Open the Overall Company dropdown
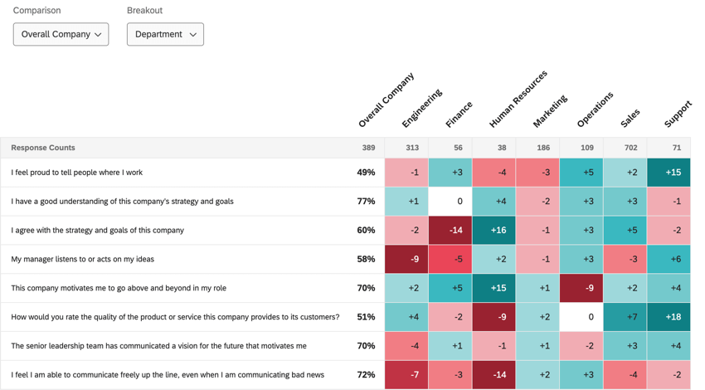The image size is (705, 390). coord(61,34)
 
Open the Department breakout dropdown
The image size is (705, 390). coord(165,34)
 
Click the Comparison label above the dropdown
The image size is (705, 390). coord(36,11)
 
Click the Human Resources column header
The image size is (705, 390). coord(518,100)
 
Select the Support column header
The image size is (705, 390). coord(678,115)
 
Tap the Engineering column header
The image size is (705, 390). coord(421,109)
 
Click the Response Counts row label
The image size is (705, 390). coord(43,148)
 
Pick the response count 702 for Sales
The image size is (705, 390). coord(625,148)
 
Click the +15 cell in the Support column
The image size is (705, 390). coord(669,173)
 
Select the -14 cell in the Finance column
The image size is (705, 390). coord(450,230)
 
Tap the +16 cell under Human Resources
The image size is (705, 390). coord(494,230)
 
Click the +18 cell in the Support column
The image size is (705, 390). coord(669,317)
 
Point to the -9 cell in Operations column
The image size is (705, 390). coord(581,288)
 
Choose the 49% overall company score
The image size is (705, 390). coord(366,173)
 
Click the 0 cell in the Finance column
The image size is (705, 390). coord(450,202)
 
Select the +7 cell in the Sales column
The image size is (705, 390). coord(625,317)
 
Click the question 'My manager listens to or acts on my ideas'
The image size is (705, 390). coord(82,259)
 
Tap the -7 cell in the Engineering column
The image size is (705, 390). coord(406,375)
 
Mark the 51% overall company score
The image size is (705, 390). coord(366,317)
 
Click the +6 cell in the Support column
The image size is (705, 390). coord(669,259)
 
